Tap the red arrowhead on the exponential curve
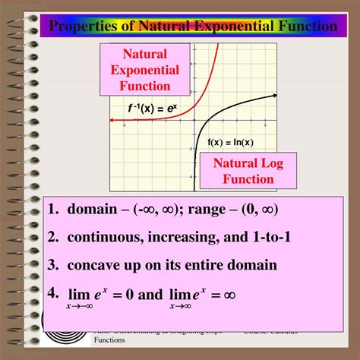(x=113, y=120)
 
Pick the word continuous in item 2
(x=106, y=237)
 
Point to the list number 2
(x=51, y=237)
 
